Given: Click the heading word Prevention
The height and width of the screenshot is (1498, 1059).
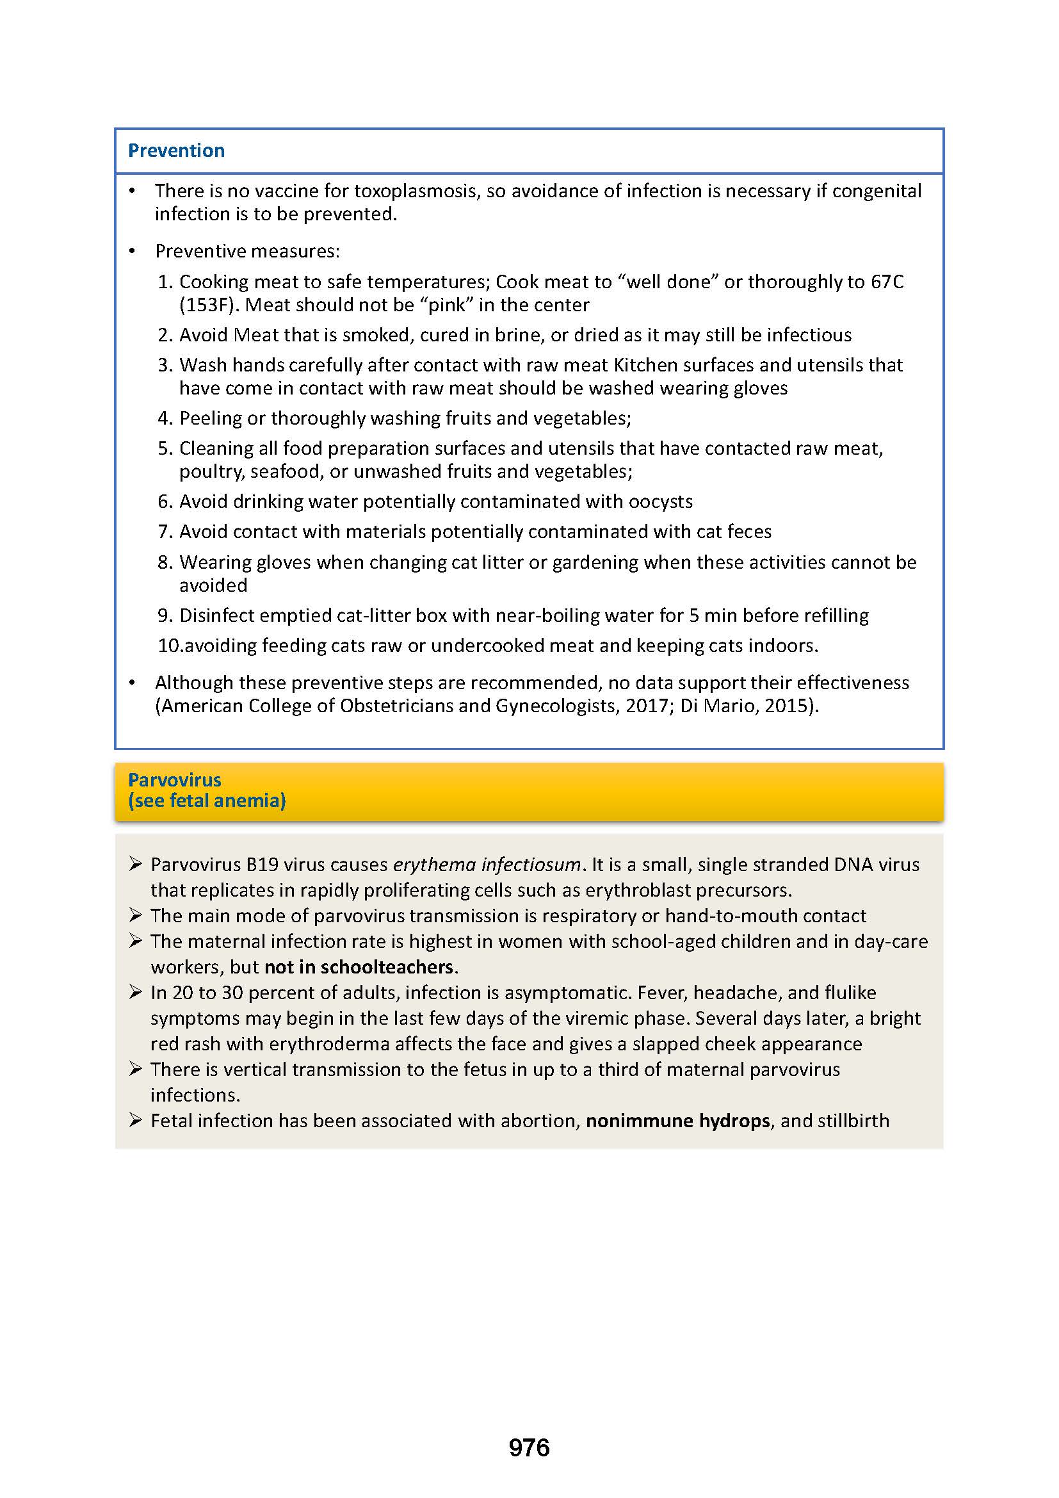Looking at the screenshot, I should click(x=176, y=151).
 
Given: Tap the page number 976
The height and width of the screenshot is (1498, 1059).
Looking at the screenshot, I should click(x=529, y=1448).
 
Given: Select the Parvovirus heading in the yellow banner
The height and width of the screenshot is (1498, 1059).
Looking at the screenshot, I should click(x=174, y=779).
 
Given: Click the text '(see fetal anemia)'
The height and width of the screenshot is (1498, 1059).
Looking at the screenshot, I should click(x=207, y=801).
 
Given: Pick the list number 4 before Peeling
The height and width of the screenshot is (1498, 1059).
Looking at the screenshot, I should click(x=164, y=418).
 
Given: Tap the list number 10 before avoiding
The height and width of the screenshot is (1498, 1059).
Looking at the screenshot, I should click(x=168, y=646).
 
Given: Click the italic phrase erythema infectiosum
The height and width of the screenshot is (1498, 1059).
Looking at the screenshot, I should click(x=486, y=865).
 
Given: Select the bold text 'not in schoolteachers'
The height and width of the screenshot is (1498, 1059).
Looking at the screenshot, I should click(x=358, y=967).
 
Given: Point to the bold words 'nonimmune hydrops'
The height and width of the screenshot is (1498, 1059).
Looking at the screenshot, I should click(x=677, y=1121).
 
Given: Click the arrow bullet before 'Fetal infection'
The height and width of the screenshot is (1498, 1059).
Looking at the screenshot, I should click(x=135, y=1120).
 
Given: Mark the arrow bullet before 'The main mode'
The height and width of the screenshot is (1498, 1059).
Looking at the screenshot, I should click(x=135, y=915).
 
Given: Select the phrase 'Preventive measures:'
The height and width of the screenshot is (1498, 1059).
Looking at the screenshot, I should click(x=247, y=251).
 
